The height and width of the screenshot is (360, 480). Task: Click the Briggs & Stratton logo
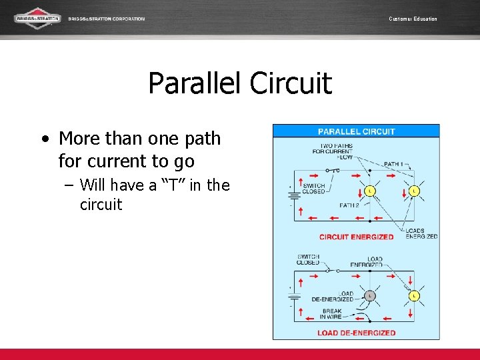pos(37,18)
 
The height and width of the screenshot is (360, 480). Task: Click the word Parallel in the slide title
pos(195,84)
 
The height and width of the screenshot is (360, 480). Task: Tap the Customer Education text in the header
pos(413,19)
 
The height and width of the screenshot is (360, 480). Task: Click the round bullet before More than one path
pos(44,139)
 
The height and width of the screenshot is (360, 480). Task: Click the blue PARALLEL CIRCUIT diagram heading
pos(356,131)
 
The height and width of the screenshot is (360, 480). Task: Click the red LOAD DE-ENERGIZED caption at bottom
pos(356,333)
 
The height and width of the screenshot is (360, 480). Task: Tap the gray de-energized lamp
pos(370,296)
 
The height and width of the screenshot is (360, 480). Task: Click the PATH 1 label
pos(393,164)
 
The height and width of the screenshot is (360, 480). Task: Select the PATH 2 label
pos(349,205)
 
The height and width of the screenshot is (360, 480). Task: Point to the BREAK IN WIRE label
pos(331,314)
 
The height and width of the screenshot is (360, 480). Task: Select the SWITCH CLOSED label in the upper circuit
pos(314,189)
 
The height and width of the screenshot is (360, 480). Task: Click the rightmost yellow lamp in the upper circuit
pos(414,192)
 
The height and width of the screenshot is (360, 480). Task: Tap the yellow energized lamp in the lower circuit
pos(414,295)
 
